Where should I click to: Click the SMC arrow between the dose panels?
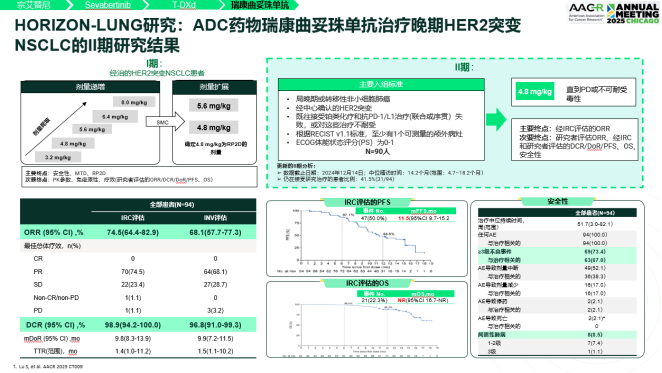tap(162, 122)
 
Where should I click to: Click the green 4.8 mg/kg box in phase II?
tap(528, 91)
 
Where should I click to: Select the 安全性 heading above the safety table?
tap(560, 202)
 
